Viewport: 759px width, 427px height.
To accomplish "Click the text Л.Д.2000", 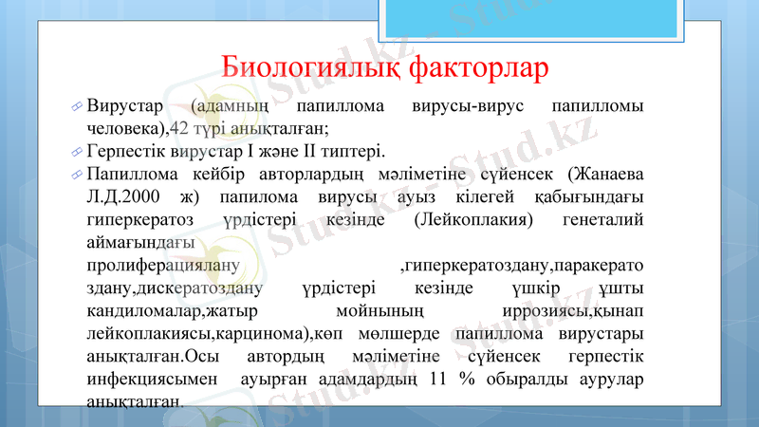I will coord(122,197).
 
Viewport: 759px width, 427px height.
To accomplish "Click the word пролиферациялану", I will coord(162,264).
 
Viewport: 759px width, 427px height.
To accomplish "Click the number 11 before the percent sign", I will coord(437,380).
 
